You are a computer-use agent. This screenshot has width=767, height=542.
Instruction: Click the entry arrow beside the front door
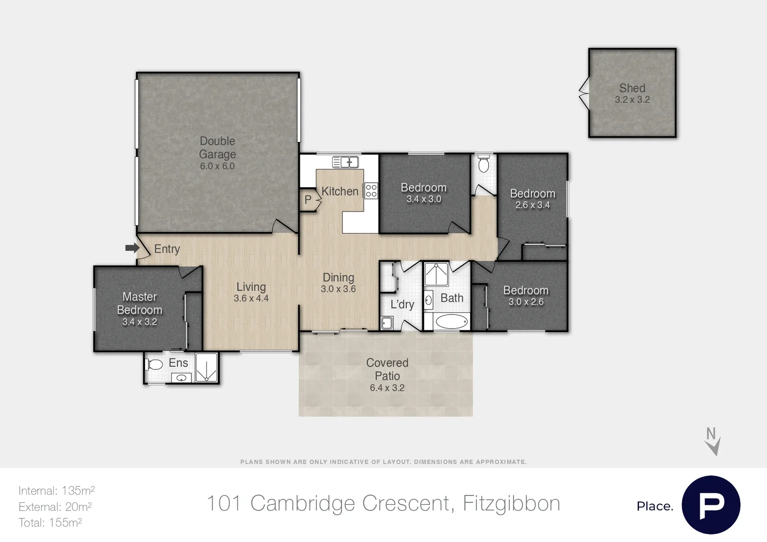tap(132, 248)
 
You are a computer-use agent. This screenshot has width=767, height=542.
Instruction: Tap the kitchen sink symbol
tap(346, 162)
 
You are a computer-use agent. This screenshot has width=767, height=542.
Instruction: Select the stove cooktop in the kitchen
tap(371, 191)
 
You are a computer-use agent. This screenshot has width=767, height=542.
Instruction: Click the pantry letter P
tap(308, 200)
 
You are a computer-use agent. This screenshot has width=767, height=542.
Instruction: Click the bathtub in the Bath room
tap(451, 322)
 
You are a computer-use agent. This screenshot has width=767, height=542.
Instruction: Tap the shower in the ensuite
tap(206, 368)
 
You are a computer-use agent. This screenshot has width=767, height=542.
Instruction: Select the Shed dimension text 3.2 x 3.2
tap(632, 100)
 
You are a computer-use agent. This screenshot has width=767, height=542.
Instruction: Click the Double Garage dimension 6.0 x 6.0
tap(217, 166)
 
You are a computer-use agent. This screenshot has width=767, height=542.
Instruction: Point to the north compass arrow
tap(713, 441)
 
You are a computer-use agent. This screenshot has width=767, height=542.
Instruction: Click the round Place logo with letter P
tap(711, 505)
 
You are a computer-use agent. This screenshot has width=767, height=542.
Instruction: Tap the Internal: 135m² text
tap(56, 491)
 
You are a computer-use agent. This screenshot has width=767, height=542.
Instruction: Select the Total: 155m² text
tap(50, 523)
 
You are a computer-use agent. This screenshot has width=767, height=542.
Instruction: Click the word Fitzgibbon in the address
tap(511, 503)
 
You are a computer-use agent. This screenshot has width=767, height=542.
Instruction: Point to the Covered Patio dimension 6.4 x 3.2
tap(387, 388)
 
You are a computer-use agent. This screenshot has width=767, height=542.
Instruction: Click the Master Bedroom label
tap(140, 304)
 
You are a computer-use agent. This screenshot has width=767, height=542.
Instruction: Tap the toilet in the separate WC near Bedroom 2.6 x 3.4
tap(484, 165)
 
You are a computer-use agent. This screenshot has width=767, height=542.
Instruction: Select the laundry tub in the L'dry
tap(386, 323)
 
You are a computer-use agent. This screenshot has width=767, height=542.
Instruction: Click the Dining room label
tap(338, 278)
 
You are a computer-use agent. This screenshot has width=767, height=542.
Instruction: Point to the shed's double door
tap(584, 93)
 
